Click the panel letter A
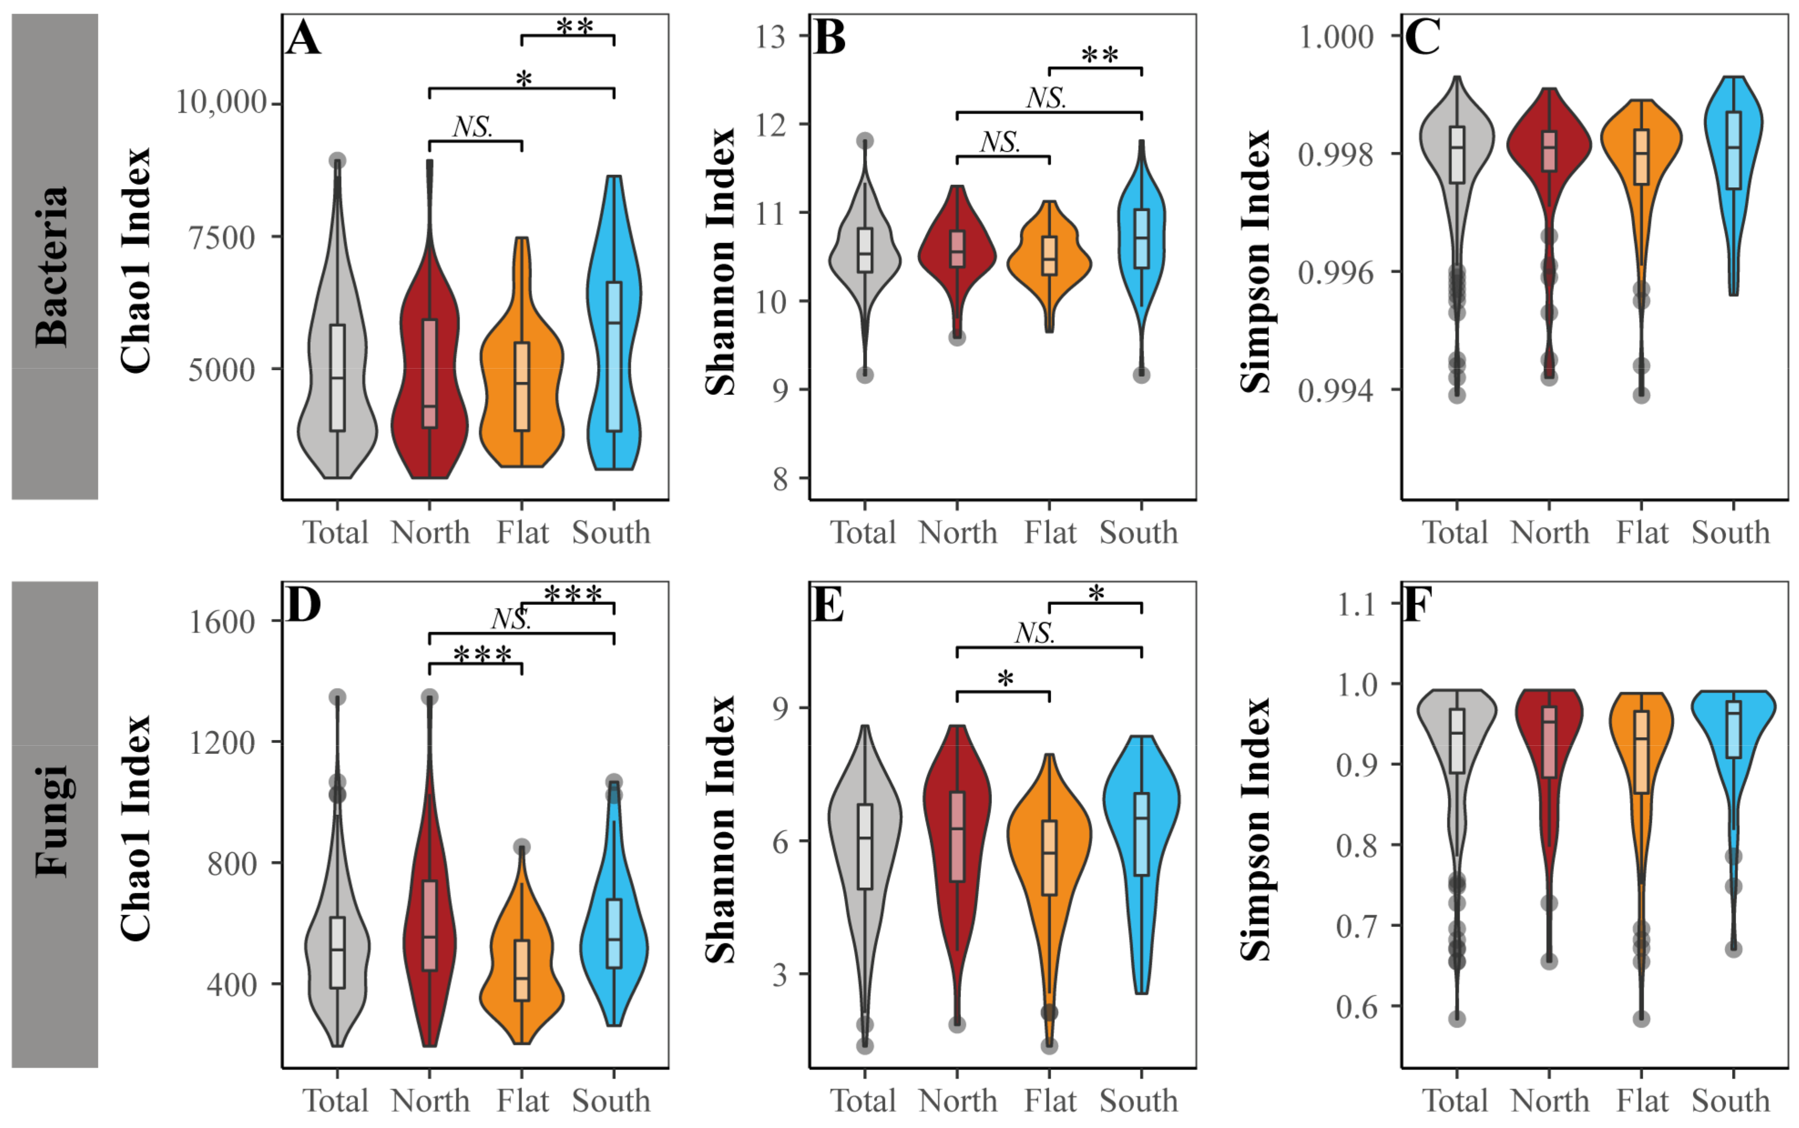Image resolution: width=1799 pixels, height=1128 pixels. pos(303,39)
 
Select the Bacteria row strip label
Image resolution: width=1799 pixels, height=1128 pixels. pos(54,256)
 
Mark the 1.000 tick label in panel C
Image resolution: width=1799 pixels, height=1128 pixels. pos(1336,36)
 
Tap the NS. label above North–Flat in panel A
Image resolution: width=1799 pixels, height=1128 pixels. pos(473,128)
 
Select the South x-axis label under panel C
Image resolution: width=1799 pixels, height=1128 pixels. pos(1730,533)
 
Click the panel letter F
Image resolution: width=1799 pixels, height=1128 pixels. pos(1417,606)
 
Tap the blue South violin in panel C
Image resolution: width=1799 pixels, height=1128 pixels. pos(1732,172)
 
